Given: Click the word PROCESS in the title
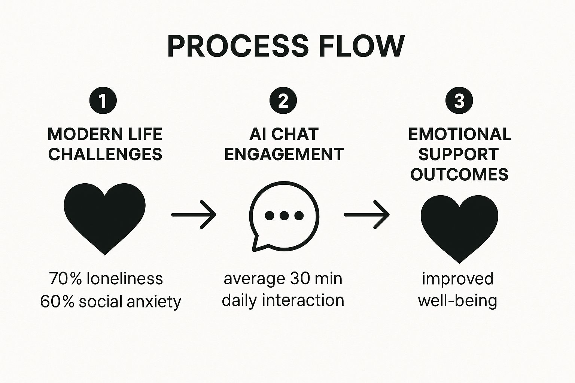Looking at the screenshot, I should click(x=237, y=46).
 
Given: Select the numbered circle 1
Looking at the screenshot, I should click(x=103, y=101).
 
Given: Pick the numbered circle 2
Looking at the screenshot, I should click(x=283, y=101).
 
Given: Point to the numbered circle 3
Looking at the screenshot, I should click(x=459, y=101).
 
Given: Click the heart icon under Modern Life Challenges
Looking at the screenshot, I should click(x=104, y=217).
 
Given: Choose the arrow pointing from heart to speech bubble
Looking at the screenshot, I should click(x=194, y=214).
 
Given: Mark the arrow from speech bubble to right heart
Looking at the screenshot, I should click(x=366, y=214).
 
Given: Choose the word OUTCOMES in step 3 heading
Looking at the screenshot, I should click(x=459, y=174).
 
